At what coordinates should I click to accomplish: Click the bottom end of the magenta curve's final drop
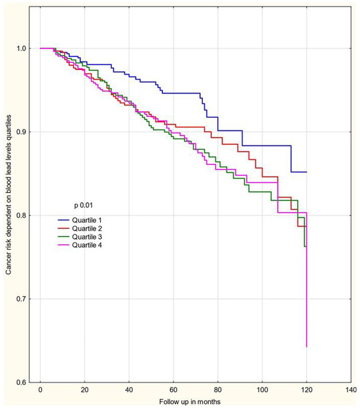pyautogui.click(x=306, y=346)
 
